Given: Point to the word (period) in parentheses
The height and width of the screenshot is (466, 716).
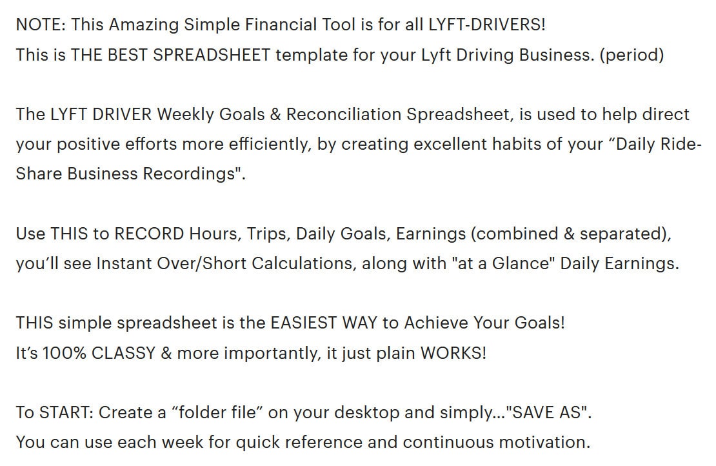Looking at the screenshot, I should coord(631,55).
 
